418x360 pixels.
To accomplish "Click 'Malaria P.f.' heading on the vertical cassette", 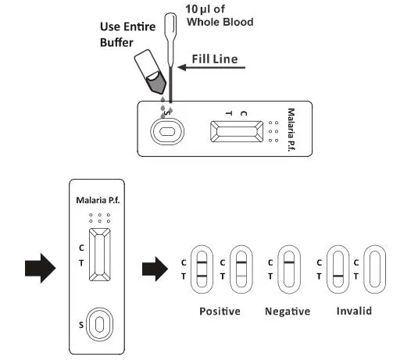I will tap(98, 200).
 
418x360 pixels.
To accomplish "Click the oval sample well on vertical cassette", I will tap(98, 323).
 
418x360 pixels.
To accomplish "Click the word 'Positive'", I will tap(219, 312).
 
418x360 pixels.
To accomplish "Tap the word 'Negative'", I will tap(288, 312).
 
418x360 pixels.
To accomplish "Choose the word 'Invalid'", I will tap(354, 311).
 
